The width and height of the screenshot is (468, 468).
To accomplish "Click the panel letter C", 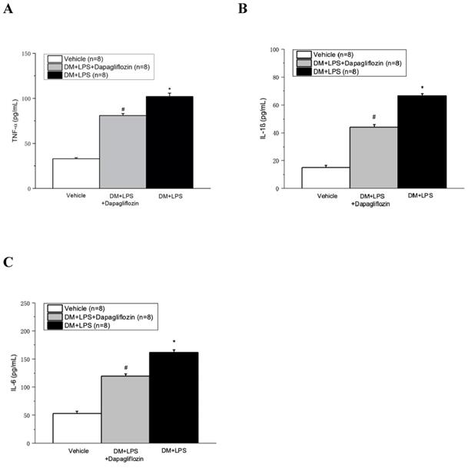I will coord(8,262).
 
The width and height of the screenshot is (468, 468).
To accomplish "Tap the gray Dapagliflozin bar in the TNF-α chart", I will coord(123,151).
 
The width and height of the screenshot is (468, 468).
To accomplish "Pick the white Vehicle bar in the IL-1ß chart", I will coord(326,178).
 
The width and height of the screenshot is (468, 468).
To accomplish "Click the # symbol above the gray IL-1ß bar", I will coord(373,118).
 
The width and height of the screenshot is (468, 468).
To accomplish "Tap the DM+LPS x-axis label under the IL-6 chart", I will coord(174,449).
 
